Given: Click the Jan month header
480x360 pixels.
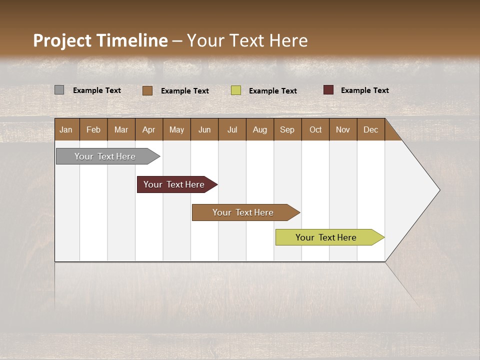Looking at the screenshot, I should tap(66, 129).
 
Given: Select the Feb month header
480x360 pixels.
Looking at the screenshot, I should tap(93, 129).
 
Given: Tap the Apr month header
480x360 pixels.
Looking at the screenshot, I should tap(148, 129).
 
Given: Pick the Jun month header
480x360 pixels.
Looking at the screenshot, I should tap(204, 129).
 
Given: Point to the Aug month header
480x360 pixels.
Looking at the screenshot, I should tap(259, 129).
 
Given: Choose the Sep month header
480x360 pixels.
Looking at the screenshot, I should tap(287, 129).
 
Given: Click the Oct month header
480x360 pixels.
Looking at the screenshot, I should tap(315, 129).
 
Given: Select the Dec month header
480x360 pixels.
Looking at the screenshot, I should tap(370, 129).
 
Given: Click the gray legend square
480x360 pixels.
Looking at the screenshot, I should tap(59, 90).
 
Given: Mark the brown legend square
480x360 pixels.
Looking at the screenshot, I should tap(147, 90).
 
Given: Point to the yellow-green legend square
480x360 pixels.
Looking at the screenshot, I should tap(236, 90).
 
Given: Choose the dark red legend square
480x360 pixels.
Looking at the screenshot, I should tap(328, 90).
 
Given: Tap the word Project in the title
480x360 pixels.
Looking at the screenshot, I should tap(62, 40).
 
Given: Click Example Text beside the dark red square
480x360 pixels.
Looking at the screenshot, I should tap(364, 90).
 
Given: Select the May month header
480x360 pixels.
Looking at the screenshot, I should tap(176, 129).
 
